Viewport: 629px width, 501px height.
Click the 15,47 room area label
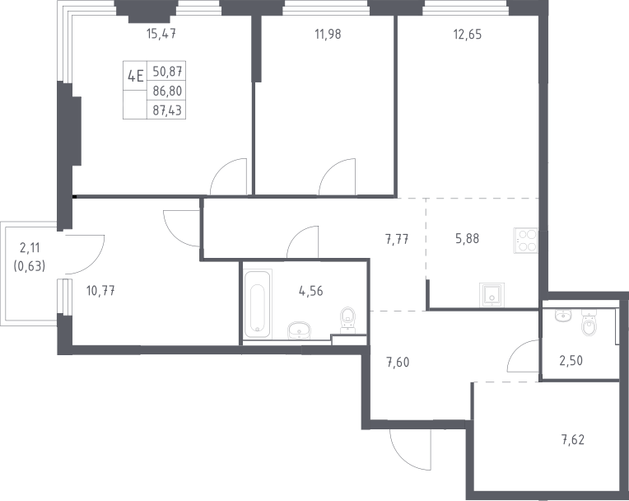[x=161, y=34]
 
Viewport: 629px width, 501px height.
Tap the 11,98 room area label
[x=328, y=34]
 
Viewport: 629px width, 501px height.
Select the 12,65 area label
[x=468, y=34]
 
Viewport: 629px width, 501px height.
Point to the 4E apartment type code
[x=135, y=76]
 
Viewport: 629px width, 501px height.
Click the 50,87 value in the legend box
[x=167, y=72]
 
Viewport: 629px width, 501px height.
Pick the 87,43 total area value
[x=167, y=110]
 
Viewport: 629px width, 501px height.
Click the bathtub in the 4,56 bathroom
[x=258, y=304]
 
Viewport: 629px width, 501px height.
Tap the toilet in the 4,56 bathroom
[x=347, y=321]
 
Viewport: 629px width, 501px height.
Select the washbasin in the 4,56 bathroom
[x=299, y=330]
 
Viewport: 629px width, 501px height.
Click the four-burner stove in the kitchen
[x=525, y=241]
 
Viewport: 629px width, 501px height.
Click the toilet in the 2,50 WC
[x=589, y=323]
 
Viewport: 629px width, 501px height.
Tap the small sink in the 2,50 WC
[x=563, y=316]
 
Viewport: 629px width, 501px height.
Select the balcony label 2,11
[x=30, y=248]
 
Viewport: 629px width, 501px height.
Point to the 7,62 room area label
[x=573, y=440]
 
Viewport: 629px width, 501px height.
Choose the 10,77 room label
[x=100, y=291]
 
